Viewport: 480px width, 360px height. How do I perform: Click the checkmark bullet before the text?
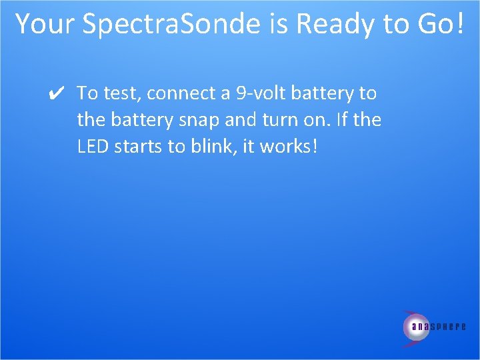[x=57, y=94]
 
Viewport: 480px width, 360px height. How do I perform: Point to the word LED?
[x=92, y=147]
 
